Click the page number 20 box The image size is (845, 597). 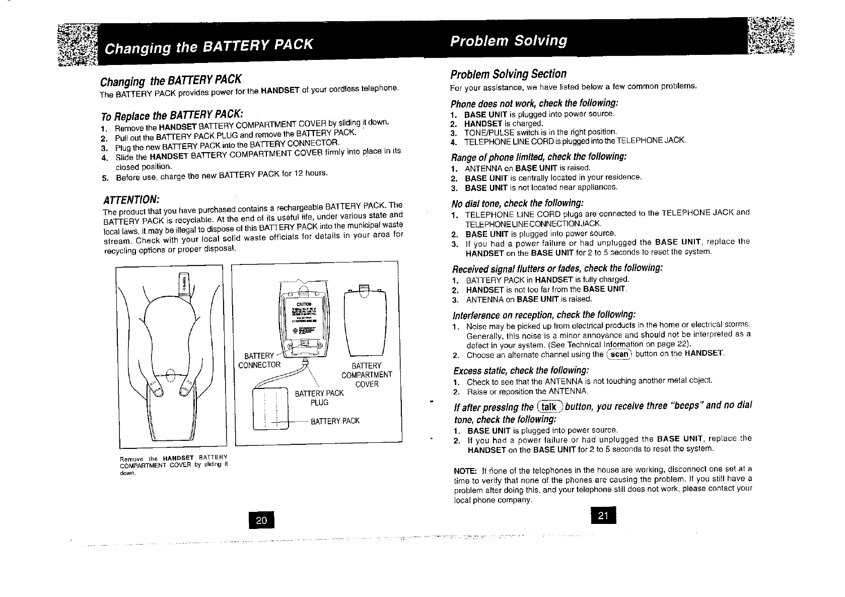pyautogui.click(x=261, y=520)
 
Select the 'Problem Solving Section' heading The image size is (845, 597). pyautogui.click(x=508, y=74)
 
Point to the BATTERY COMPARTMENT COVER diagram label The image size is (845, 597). pyautogui.click(x=366, y=375)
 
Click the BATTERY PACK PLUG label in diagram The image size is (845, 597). pyautogui.click(x=319, y=397)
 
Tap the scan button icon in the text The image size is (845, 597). pyautogui.click(x=619, y=354)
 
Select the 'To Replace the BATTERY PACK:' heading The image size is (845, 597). pyautogui.click(x=172, y=114)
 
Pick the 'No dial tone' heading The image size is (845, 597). pyautogui.click(x=518, y=203)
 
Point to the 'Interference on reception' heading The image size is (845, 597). pyautogui.click(x=544, y=315)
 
